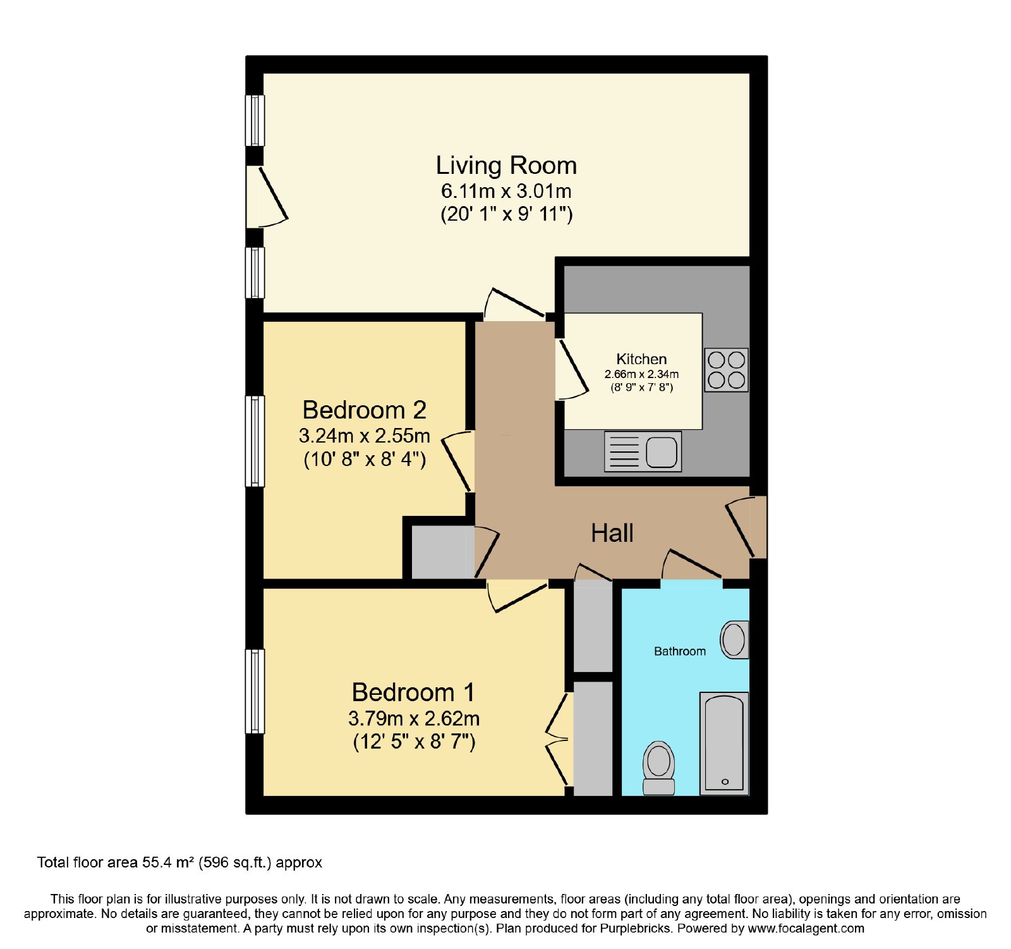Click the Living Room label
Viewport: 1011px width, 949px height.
[506, 166]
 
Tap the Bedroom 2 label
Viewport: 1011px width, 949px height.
[365, 410]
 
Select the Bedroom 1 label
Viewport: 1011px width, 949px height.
[413, 692]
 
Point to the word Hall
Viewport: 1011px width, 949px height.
[612, 533]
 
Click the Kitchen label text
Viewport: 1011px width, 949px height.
[641, 359]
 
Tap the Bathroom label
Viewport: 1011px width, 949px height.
[680, 651]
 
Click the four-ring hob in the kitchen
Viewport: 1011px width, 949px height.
[726, 370]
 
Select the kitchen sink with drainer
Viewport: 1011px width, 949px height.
[643, 451]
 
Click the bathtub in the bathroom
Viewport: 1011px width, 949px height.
[724, 744]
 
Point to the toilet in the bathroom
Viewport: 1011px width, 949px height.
[658, 768]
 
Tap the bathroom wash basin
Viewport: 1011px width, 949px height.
[735, 640]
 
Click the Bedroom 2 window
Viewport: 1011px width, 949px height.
[255, 441]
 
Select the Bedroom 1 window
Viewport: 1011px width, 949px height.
[255, 692]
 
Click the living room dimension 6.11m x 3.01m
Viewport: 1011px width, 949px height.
[506, 191]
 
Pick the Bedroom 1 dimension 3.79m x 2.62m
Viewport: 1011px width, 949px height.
[414, 719]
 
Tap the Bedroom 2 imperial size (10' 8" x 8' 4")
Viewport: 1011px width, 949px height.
[365, 459]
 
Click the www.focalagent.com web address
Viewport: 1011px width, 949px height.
[806, 929]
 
